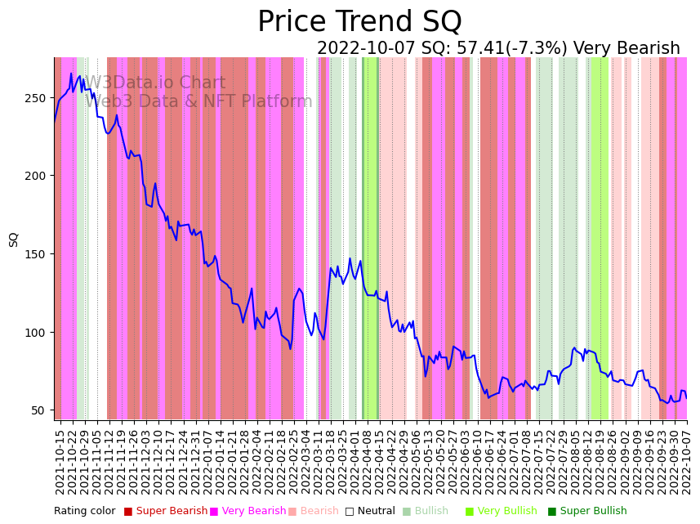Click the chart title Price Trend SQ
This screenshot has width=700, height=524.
(359, 22)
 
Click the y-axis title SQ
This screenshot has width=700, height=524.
(14, 239)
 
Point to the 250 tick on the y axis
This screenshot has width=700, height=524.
(38, 98)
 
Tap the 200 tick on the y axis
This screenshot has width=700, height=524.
(38, 176)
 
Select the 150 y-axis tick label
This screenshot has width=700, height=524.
(38, 254)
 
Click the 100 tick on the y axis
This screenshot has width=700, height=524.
(38, 333)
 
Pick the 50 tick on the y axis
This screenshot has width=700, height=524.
(42, 410)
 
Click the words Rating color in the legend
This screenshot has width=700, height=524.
(85, 511)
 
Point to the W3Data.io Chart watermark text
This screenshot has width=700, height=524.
(155, 83)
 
